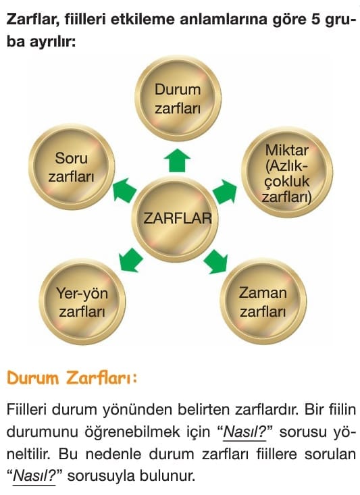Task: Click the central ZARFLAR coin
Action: point(175,219)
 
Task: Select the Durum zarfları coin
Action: point(178,99)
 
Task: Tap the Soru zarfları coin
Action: point(72,167)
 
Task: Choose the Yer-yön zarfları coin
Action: point(82,301)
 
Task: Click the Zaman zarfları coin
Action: point(263,301)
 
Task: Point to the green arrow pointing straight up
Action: point(177,160)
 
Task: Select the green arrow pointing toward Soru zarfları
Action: point(124,189)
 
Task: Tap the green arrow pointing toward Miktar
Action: point(225,191)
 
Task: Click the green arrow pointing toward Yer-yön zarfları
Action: point(131,260)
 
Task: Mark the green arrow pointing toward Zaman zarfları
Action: point(216,261)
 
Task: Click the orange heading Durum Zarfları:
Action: point(72,378)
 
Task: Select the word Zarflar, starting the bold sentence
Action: point(33,20)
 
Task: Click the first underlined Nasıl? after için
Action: point(245,432)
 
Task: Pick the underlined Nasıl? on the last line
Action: point(34,475)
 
